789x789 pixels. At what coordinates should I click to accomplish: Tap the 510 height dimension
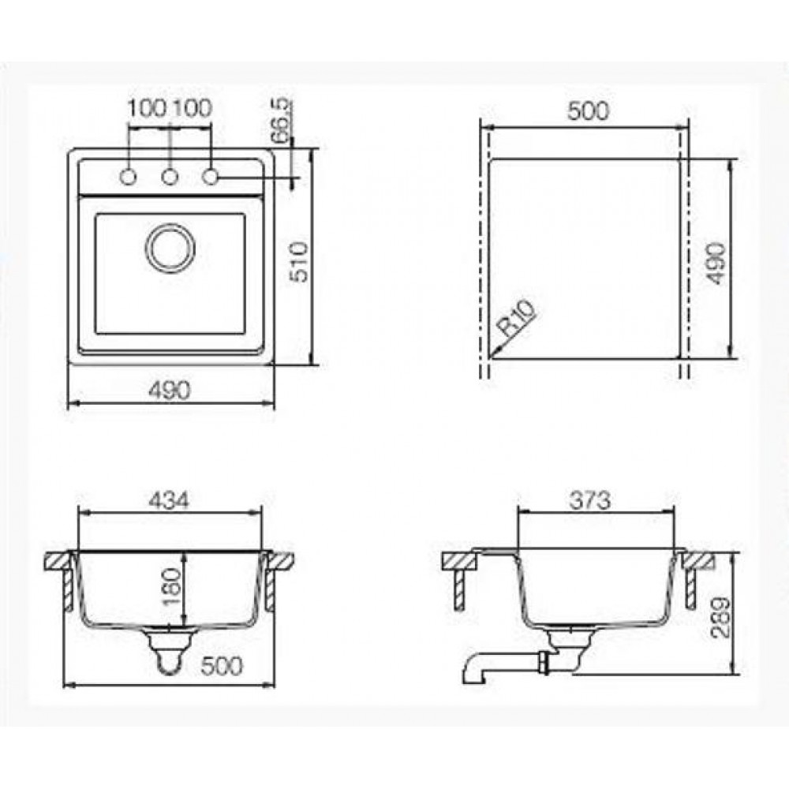299,262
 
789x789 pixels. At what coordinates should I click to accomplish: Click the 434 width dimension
169,500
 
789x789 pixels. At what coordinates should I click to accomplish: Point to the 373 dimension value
591,500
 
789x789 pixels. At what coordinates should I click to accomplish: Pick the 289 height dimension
720,618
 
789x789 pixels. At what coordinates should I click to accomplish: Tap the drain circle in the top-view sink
170,249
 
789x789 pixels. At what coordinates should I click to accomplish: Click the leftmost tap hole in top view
129,177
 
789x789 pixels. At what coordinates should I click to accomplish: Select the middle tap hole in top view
170,177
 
